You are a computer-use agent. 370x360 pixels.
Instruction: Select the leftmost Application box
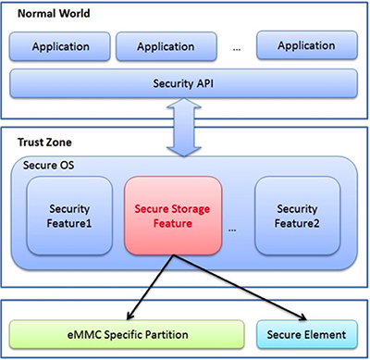click(x=60, y=45)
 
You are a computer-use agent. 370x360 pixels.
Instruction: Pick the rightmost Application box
click(x=305, y=45)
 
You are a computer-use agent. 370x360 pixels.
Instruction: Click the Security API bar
click(x=184, y=84)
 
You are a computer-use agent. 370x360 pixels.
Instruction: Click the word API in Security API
click(x=209, y=84)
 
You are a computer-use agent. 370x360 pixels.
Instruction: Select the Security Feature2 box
click(x=297, y=217)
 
